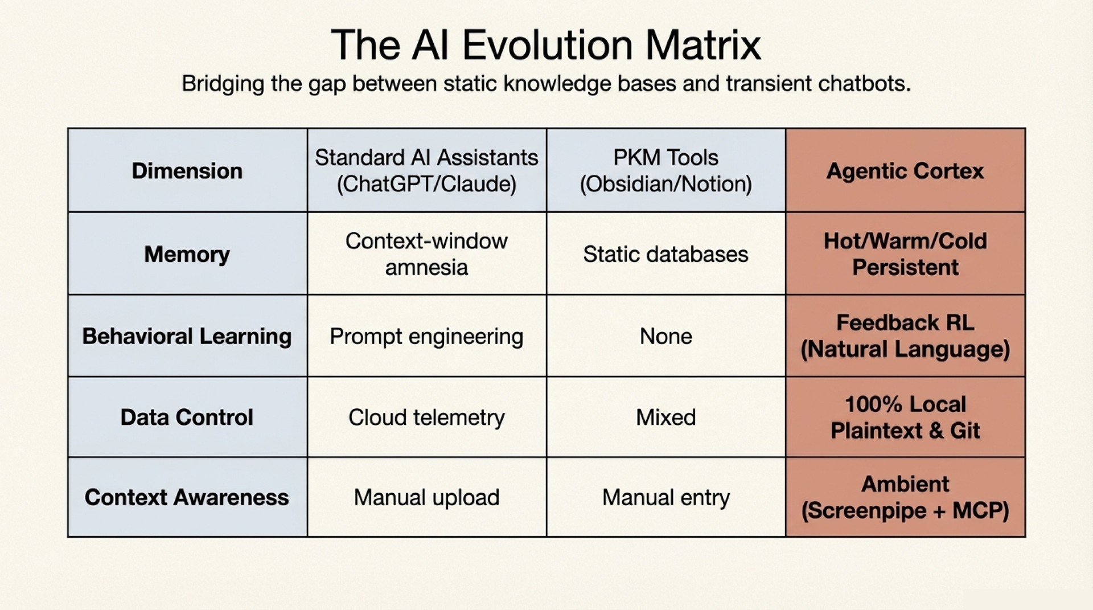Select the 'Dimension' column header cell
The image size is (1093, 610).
187,171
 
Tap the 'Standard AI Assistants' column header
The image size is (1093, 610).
426,170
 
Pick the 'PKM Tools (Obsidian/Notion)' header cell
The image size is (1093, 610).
665,170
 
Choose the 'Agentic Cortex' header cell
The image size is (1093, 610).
905,171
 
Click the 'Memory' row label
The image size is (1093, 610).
187,254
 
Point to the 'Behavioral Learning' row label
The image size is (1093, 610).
187,336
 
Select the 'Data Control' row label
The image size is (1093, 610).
187,417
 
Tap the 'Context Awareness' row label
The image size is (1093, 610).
187,497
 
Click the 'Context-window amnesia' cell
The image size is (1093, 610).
426,254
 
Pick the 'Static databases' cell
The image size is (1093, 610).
665,254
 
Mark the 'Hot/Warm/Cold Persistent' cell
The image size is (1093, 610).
905,254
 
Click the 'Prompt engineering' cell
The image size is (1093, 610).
426,336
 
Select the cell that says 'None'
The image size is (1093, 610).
665,336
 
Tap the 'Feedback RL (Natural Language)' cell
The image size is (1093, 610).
905,336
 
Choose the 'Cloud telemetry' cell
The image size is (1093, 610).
426,417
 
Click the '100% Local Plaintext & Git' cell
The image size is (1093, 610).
905,417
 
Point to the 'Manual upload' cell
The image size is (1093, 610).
426,497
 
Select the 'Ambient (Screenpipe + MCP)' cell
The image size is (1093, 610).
905,497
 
